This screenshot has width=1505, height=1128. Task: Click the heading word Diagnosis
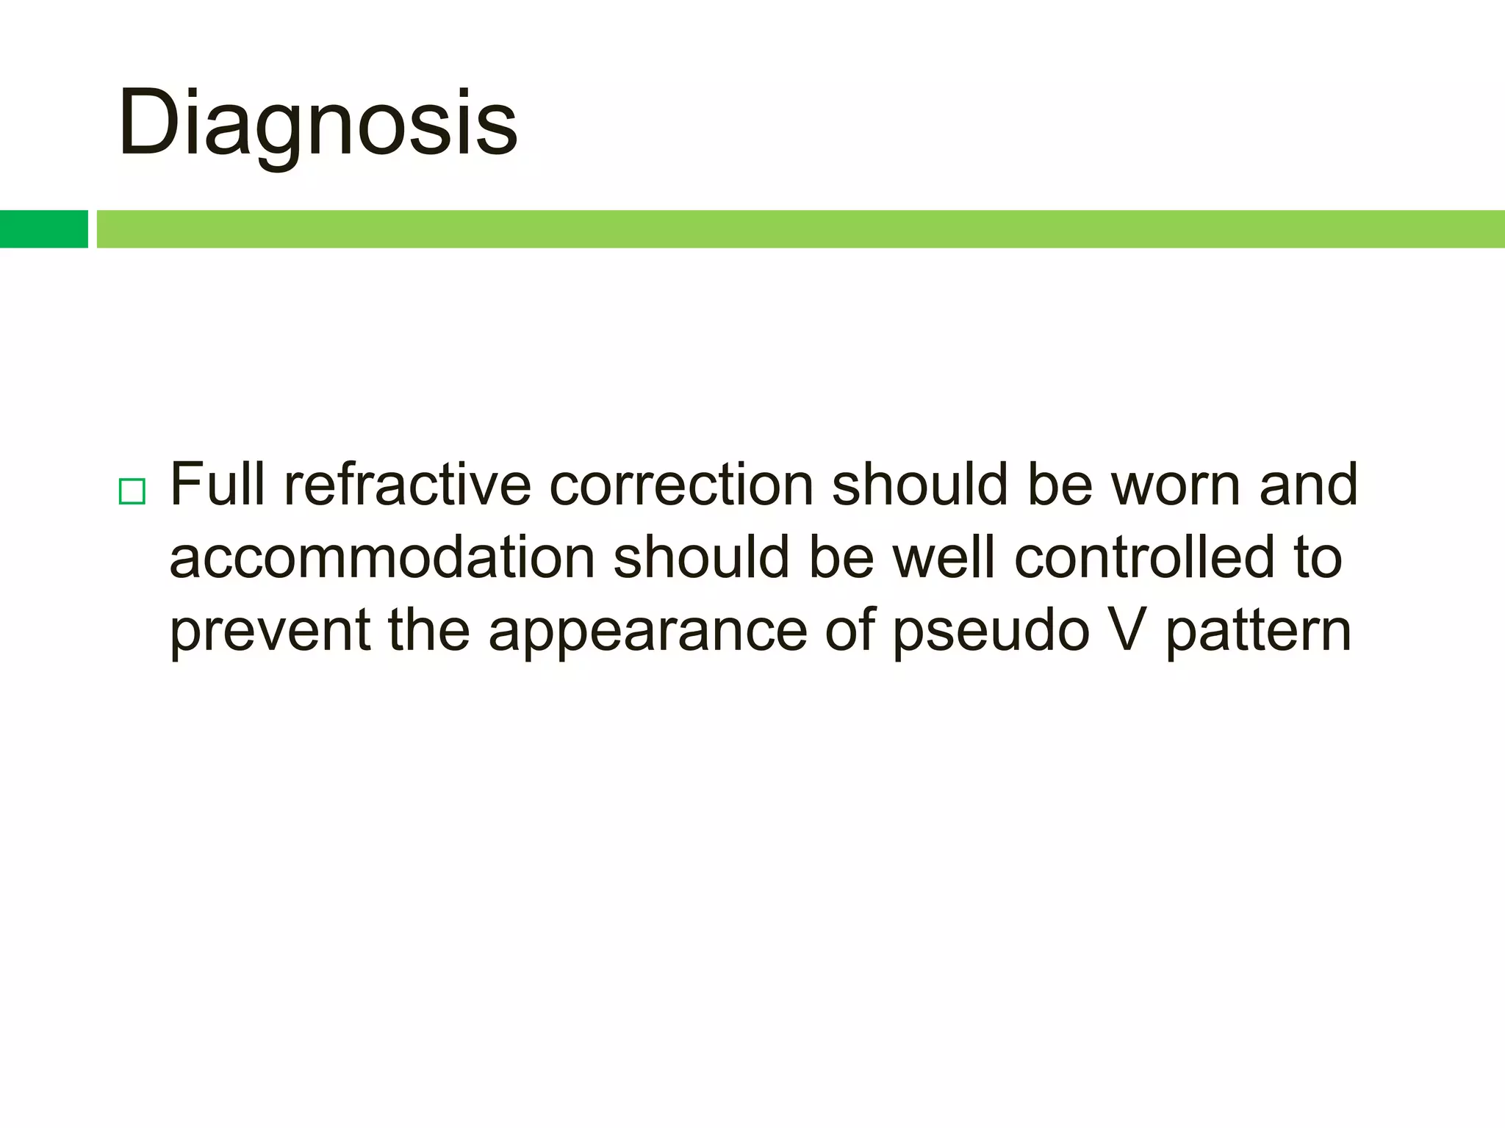coord(317,123)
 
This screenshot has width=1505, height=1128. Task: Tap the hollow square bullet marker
coord(132,491)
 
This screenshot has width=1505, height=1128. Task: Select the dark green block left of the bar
coord(43,228)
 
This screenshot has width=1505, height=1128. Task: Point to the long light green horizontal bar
coord(800,228)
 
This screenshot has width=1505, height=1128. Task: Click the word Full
coord(217,485)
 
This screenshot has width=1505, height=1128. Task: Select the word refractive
coord(407,485)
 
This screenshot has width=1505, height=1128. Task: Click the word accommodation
coord(381,557)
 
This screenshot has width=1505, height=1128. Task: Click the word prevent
coord(270,630)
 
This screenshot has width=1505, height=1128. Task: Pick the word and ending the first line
coord(1309,485)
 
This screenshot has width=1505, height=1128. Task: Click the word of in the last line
coord(850,630)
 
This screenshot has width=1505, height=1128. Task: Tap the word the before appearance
coord(428,630)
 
